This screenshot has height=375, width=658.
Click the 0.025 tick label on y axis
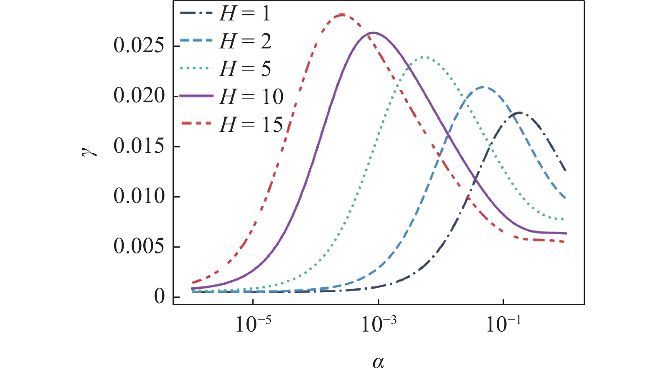coord(139,46)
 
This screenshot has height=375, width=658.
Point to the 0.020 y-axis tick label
coord(139,96)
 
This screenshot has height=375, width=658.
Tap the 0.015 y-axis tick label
coord(139,146)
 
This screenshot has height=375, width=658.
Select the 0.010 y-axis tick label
coord(139,196)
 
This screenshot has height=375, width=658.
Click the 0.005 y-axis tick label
coord(139,246)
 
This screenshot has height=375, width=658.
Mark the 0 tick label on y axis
coord(160,296)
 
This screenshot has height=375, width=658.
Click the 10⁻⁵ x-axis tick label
coord(253,324)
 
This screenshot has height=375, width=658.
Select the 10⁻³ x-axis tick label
coord(379,324)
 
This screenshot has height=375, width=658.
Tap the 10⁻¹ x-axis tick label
coord(503,324)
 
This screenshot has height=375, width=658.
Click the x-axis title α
coord(378,362)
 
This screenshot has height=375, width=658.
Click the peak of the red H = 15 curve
coord(342,15)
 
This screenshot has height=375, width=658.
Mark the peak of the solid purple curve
coord(373,33)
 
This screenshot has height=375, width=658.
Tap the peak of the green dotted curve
coord(425,57)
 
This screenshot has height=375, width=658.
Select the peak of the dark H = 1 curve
coord(519,112)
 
